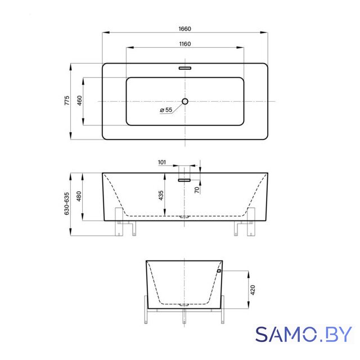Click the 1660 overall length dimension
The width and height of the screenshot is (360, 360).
coord(185,29)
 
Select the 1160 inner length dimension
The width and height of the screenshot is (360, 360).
coord(185,44)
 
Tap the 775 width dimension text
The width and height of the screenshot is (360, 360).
coord(66,101)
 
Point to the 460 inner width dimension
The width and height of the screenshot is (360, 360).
coord(79,101)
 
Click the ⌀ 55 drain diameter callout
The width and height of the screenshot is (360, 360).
coord(166,110)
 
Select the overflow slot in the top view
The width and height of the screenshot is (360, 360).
coord(185,68)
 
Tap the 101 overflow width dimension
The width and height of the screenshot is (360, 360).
coord(162,163)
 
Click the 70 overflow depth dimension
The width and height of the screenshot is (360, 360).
coord(197,190)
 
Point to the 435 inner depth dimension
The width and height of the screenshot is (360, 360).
coord(161,195)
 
